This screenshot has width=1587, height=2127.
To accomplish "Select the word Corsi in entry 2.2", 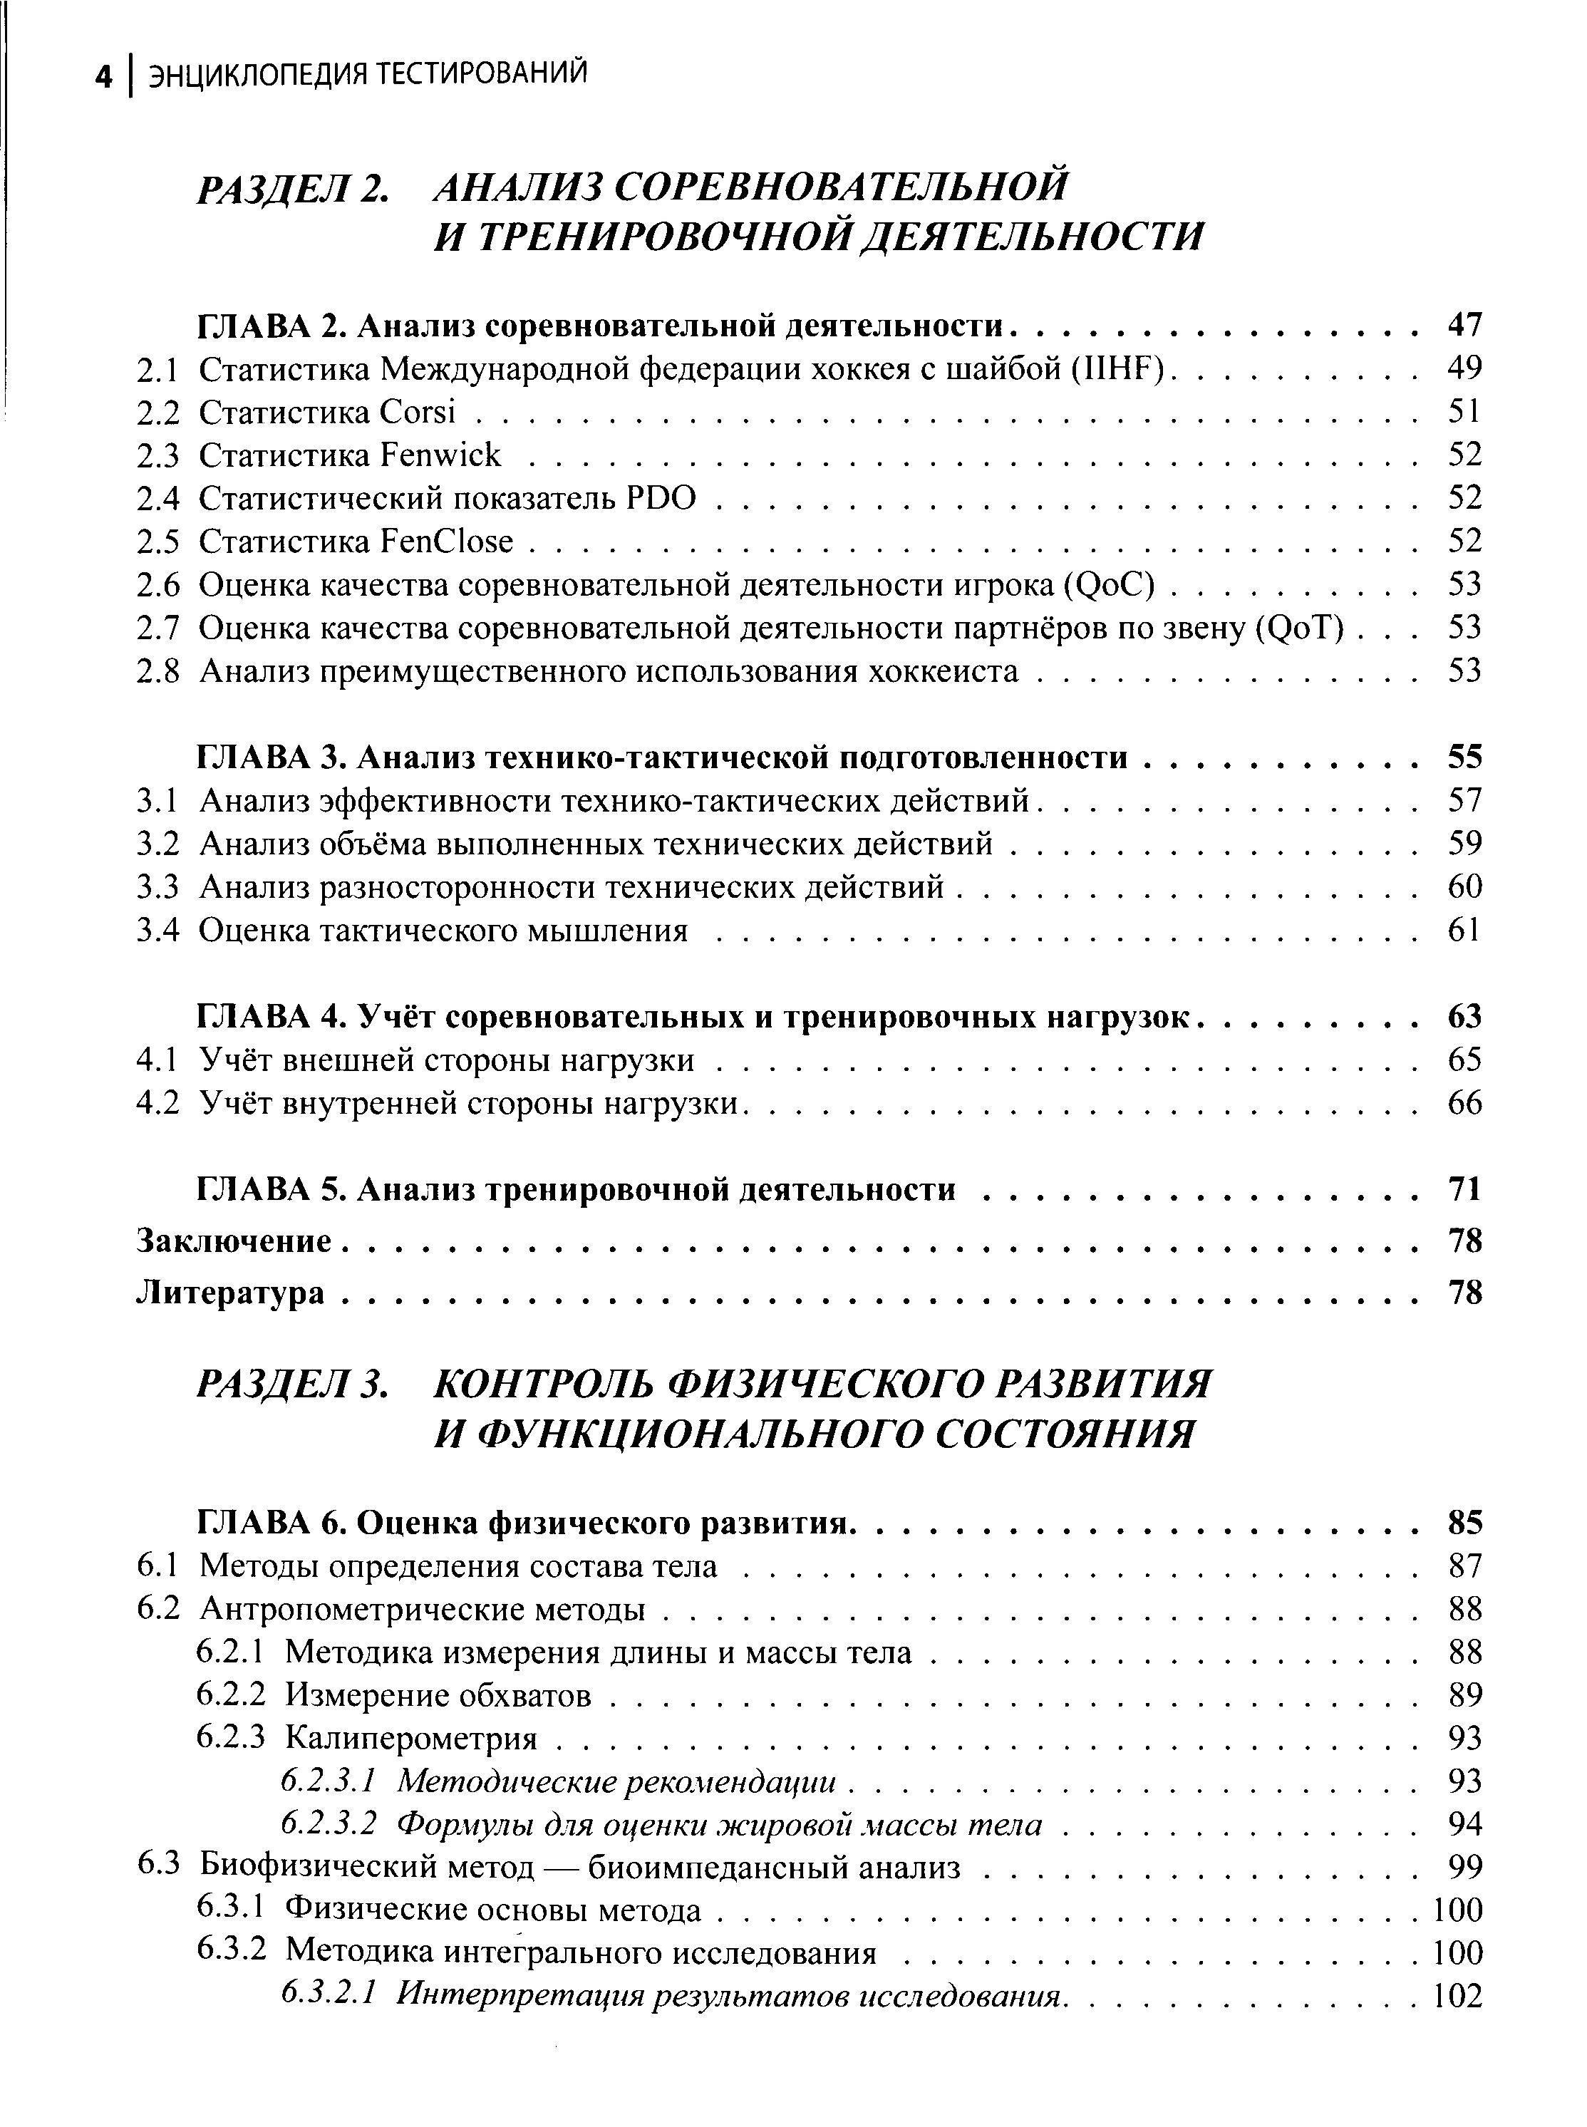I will [x=417, y=412].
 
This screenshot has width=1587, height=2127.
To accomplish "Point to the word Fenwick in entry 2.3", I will [x=441, y=455].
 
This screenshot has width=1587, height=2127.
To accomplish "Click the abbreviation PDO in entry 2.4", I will [x=661, y=497].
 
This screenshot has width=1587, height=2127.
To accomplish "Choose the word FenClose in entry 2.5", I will [x=447, y=542].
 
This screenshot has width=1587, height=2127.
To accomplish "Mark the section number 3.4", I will [x=158, y=931].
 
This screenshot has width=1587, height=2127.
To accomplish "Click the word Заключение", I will [x=234, y=1241].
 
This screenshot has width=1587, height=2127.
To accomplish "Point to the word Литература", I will [x=231, y=1293].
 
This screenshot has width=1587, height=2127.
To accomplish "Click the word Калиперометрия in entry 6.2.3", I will [x=411, y=1738].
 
